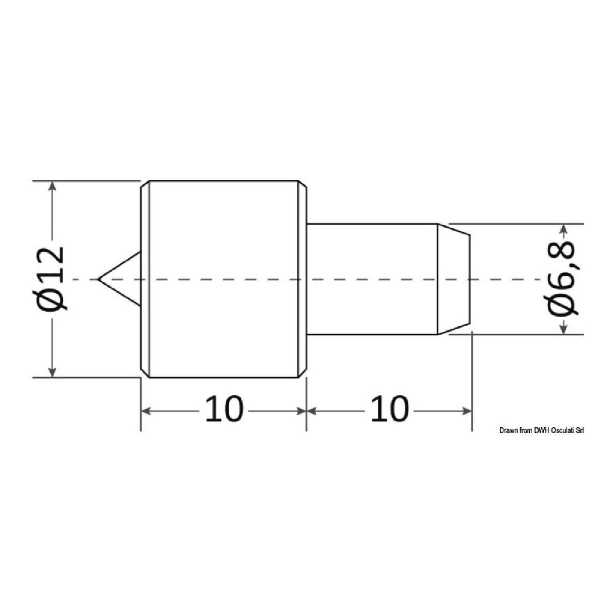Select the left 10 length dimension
224,410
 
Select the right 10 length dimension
389,410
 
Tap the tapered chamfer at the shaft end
453,279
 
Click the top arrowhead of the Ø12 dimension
52,186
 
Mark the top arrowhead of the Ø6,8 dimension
564,229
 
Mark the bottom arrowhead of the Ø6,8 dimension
564,329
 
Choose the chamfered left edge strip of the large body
144,279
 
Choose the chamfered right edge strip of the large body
302,279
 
